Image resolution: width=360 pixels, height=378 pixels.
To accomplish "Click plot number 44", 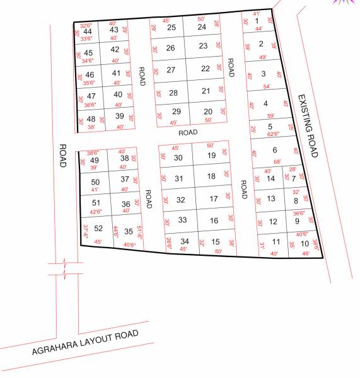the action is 88,31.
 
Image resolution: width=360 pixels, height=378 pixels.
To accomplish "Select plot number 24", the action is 202,27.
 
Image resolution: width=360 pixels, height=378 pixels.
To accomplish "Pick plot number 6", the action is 274,150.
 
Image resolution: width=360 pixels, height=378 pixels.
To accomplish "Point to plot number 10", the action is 305,244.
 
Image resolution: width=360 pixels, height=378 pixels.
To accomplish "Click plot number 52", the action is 98,229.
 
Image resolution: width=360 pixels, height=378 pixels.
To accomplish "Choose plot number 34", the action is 185,241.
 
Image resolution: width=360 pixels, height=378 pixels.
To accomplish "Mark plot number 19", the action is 212,156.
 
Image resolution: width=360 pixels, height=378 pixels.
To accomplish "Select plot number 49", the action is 95,160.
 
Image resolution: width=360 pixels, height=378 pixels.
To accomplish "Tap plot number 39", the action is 119,116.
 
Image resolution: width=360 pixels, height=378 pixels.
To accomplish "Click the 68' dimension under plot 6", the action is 277,161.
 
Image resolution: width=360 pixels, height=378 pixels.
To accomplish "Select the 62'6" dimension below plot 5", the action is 273,134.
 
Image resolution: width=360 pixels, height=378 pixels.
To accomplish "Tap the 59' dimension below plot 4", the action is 270,116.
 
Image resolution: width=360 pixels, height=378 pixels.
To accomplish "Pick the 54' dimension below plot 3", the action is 267,86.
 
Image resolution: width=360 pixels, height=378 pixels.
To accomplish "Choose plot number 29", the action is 177,112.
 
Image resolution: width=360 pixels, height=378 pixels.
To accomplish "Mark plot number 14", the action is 271,178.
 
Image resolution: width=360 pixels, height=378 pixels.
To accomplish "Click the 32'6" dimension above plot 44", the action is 86,25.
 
